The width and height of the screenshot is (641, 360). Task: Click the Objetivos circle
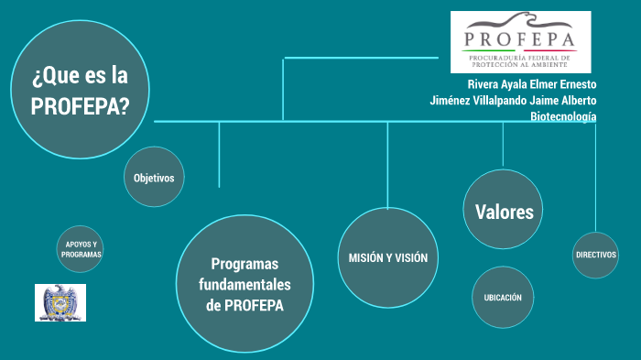(x=154, y=177)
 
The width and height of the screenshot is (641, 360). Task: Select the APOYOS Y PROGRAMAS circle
(x=81, y=249)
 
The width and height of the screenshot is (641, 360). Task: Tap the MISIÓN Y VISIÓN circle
(x=387, y=257)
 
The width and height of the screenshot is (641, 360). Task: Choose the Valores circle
(x=504, y=211)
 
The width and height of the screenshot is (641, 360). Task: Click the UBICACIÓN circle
(x=503, y=297)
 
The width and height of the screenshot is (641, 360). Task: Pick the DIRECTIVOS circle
(x=595, y=254)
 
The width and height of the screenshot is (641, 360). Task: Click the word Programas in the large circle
(x=244, y=263)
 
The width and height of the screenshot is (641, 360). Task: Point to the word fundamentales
(x=244, y=284)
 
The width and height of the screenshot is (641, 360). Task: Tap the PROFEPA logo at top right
(x=520, y=41)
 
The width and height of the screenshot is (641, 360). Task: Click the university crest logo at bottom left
(x=60, y=302)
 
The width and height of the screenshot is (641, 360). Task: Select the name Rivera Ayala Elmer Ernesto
(x=531, y=84)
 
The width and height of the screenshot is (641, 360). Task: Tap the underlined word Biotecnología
(x=563, y=116)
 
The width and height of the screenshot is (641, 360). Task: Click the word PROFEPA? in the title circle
(x=80, y=105)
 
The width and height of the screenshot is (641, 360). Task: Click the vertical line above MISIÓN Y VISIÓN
(x=387, y=165)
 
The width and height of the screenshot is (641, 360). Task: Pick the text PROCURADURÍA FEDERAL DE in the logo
(x=519, y=55)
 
